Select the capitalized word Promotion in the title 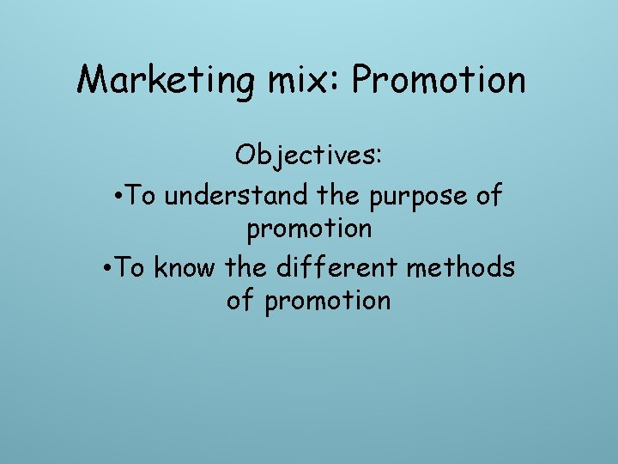439,81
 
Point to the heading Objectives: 309,156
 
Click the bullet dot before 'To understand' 118,196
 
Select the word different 336,267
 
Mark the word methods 461,267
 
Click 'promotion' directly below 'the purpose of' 309,229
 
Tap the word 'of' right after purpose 488,196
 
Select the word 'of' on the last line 241,301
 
